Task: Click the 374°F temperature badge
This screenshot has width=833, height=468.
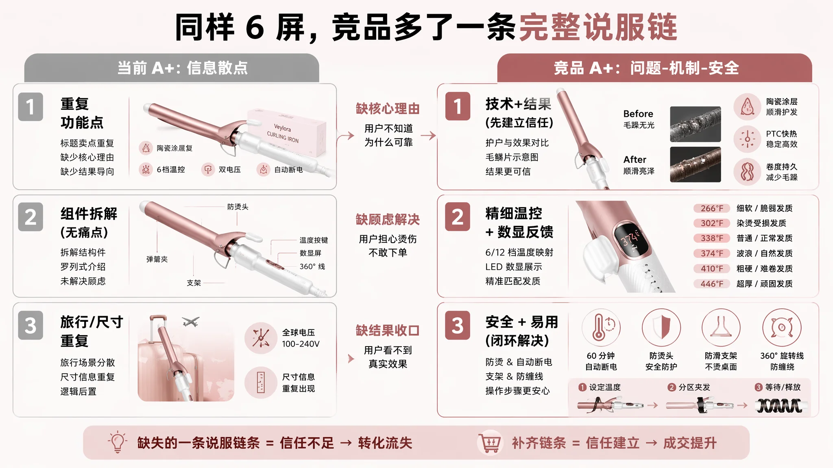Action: [711, 253]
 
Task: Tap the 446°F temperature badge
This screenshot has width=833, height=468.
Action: [711, 284]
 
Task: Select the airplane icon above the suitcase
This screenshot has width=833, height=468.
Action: [191, 321]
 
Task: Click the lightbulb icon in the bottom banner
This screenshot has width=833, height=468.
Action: [118, 442]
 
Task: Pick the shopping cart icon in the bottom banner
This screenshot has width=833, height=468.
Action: [489, 442]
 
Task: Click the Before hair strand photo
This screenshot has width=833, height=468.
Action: [695, 124]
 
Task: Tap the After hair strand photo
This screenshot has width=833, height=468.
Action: [695, 164]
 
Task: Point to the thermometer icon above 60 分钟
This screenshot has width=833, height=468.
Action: [601, 327]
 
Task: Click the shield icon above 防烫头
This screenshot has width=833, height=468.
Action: [661, 327]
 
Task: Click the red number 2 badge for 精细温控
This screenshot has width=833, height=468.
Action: [458, 217]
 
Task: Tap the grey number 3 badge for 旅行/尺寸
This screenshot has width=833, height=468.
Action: [31, 325]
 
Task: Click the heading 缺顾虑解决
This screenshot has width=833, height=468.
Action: [388, 219]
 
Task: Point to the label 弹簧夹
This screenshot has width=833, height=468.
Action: [157, 259]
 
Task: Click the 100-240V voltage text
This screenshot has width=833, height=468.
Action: [301, 344]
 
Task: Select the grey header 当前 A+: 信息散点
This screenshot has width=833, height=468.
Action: [172, 68]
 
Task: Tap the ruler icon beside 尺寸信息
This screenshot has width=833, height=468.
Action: [261, 382]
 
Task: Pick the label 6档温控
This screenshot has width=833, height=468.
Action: [171, 169]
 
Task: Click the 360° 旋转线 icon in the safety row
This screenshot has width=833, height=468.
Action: [781, 327]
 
